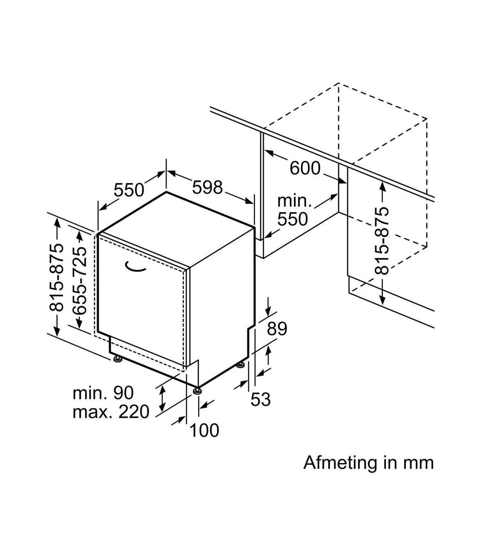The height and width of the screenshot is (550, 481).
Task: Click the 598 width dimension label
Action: pyautogui.click(x=207, y=187)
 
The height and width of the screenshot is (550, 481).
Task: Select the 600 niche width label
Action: pyautogui.click(x=305, y=168)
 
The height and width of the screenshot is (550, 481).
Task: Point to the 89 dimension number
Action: pyautogui.click(x=277, y=329)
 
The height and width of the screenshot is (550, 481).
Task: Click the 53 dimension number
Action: pyautogui.click(x=261, y=399)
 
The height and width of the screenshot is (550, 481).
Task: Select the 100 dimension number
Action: pyautogui.click(x=204, y=431)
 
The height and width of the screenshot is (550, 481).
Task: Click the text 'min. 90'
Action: pyautogui.click(x=103, y=393)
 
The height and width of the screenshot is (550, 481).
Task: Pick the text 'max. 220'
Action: pyautogui.click(x=111, y=412)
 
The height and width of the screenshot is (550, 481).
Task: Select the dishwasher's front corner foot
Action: pyautogui.click(x=197, y=390)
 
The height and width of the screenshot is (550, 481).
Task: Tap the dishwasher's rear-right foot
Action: pyautogui.click(x=240, y=365)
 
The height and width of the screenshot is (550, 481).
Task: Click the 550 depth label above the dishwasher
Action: pyautogui.click(x=129, y=190)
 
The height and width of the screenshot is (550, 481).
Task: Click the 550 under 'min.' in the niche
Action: pyautogui.click(x=293, y=219)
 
